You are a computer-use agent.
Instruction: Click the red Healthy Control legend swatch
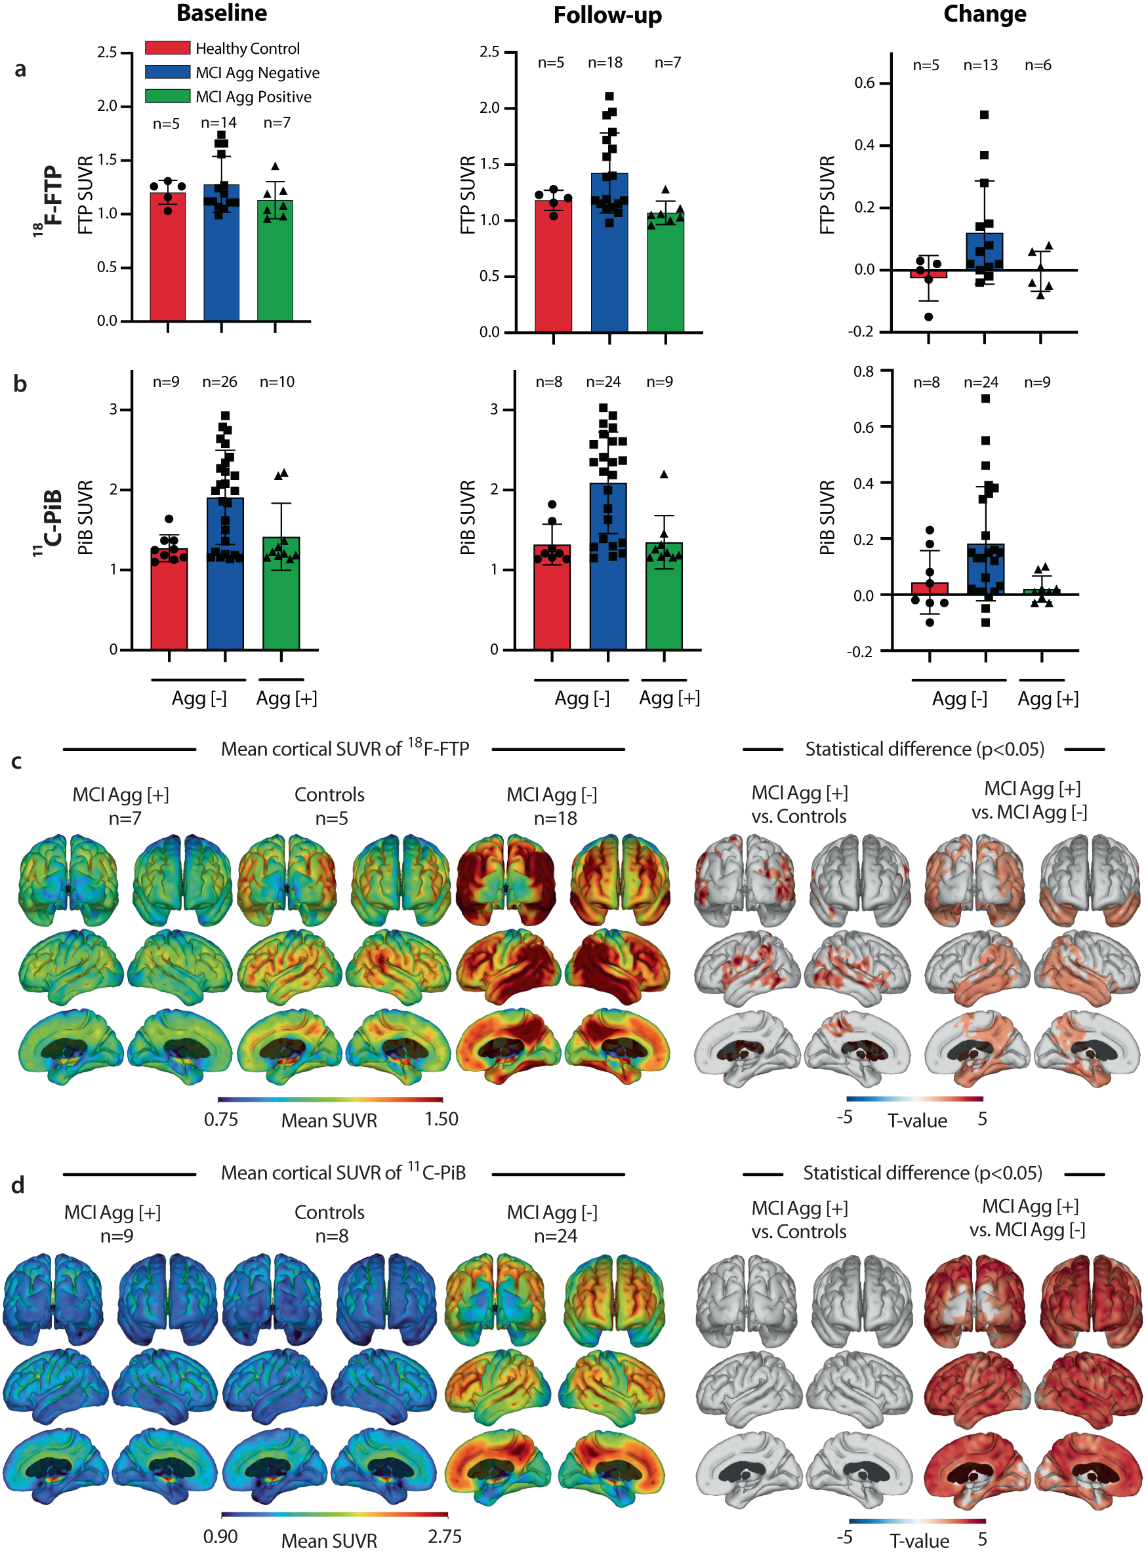pyautogui.click(x=167, y=48)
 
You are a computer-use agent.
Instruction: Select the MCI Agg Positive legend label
pyautogui.click(x=253, y=96)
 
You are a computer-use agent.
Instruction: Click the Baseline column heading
pyautogui.click(x=222, y=13)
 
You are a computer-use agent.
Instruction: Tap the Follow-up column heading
pyautogui.click(x=607, y=15)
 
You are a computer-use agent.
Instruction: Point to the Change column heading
pyautogui.click(x=984, y=14)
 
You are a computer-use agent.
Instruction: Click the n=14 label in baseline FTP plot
pyautogui.click(x=219, y=123)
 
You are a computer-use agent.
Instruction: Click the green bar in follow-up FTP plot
pyautogui.click(x=665, y=278)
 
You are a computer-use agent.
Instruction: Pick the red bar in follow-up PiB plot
pyautogui.click(x=552, y=604)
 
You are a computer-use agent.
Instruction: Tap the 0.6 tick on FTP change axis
pyautogui.click(x=865, y=83)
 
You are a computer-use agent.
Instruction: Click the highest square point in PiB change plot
pyautogui.click(x=985, y=399)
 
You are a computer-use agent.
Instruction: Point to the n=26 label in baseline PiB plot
pyautogui.click(x=220, y=382)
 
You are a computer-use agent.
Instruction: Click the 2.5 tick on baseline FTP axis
pyautogui.click(x=107, y=52)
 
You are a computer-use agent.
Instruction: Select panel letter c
pyautogui.click(x=16, y=762)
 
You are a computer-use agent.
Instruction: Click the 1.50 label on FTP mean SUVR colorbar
pyautogui.click(x=441, y=1119)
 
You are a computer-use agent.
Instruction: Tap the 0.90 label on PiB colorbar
pyautogui.click(x=220, y=1537)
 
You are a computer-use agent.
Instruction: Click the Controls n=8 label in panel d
pyautogui.click(x=330, y=1224)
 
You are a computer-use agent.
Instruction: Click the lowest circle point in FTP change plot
pyautogui.click(x=928, y=317)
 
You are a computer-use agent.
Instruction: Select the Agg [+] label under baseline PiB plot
pyautogui.click(x=286, y=698)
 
